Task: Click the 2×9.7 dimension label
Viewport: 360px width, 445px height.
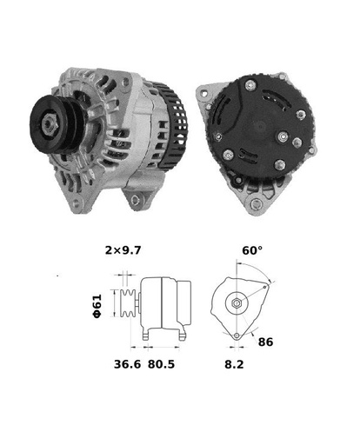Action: pos(123,250)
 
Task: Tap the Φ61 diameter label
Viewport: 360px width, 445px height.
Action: pos(97,306)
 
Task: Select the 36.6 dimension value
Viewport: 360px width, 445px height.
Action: pos(127,364)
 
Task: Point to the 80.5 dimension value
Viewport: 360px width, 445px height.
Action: pos(161,364)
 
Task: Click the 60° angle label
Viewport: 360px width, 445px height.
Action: pos(252,250)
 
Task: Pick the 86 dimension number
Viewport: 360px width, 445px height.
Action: pos(265,342)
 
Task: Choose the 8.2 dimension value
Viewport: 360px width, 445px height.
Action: pos(234,364)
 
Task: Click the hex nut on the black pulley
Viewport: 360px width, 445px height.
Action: pos(50,124)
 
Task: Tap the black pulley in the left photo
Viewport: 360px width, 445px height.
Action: pos(57,123)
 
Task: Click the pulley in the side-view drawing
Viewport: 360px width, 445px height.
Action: pos(127,303)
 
